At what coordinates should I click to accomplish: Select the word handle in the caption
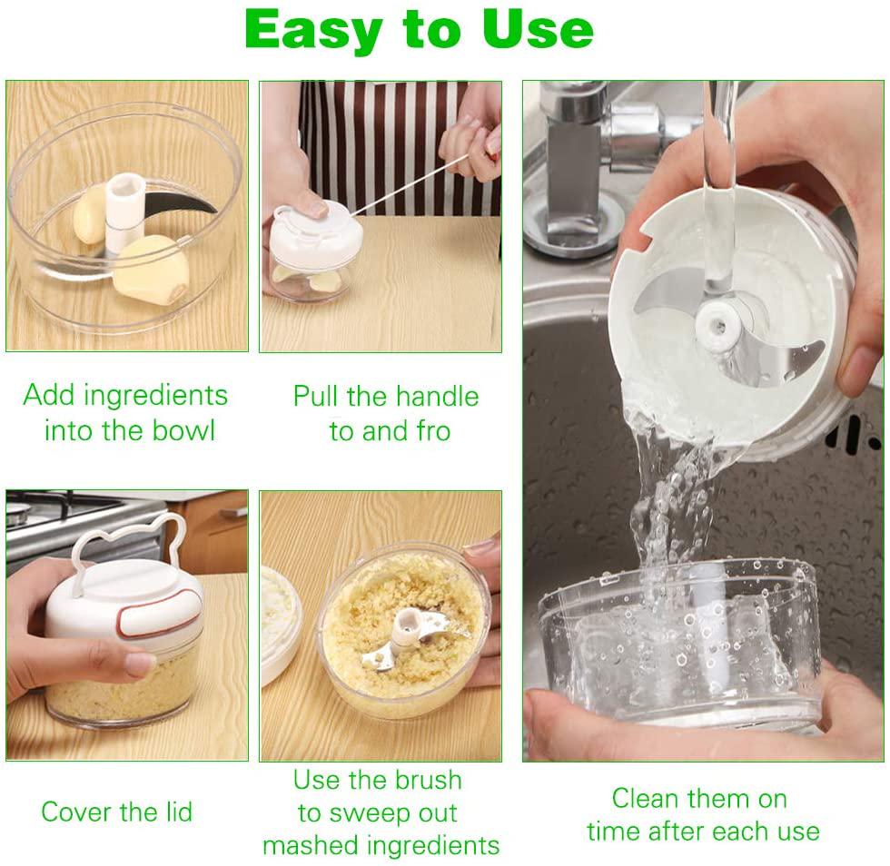435,397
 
